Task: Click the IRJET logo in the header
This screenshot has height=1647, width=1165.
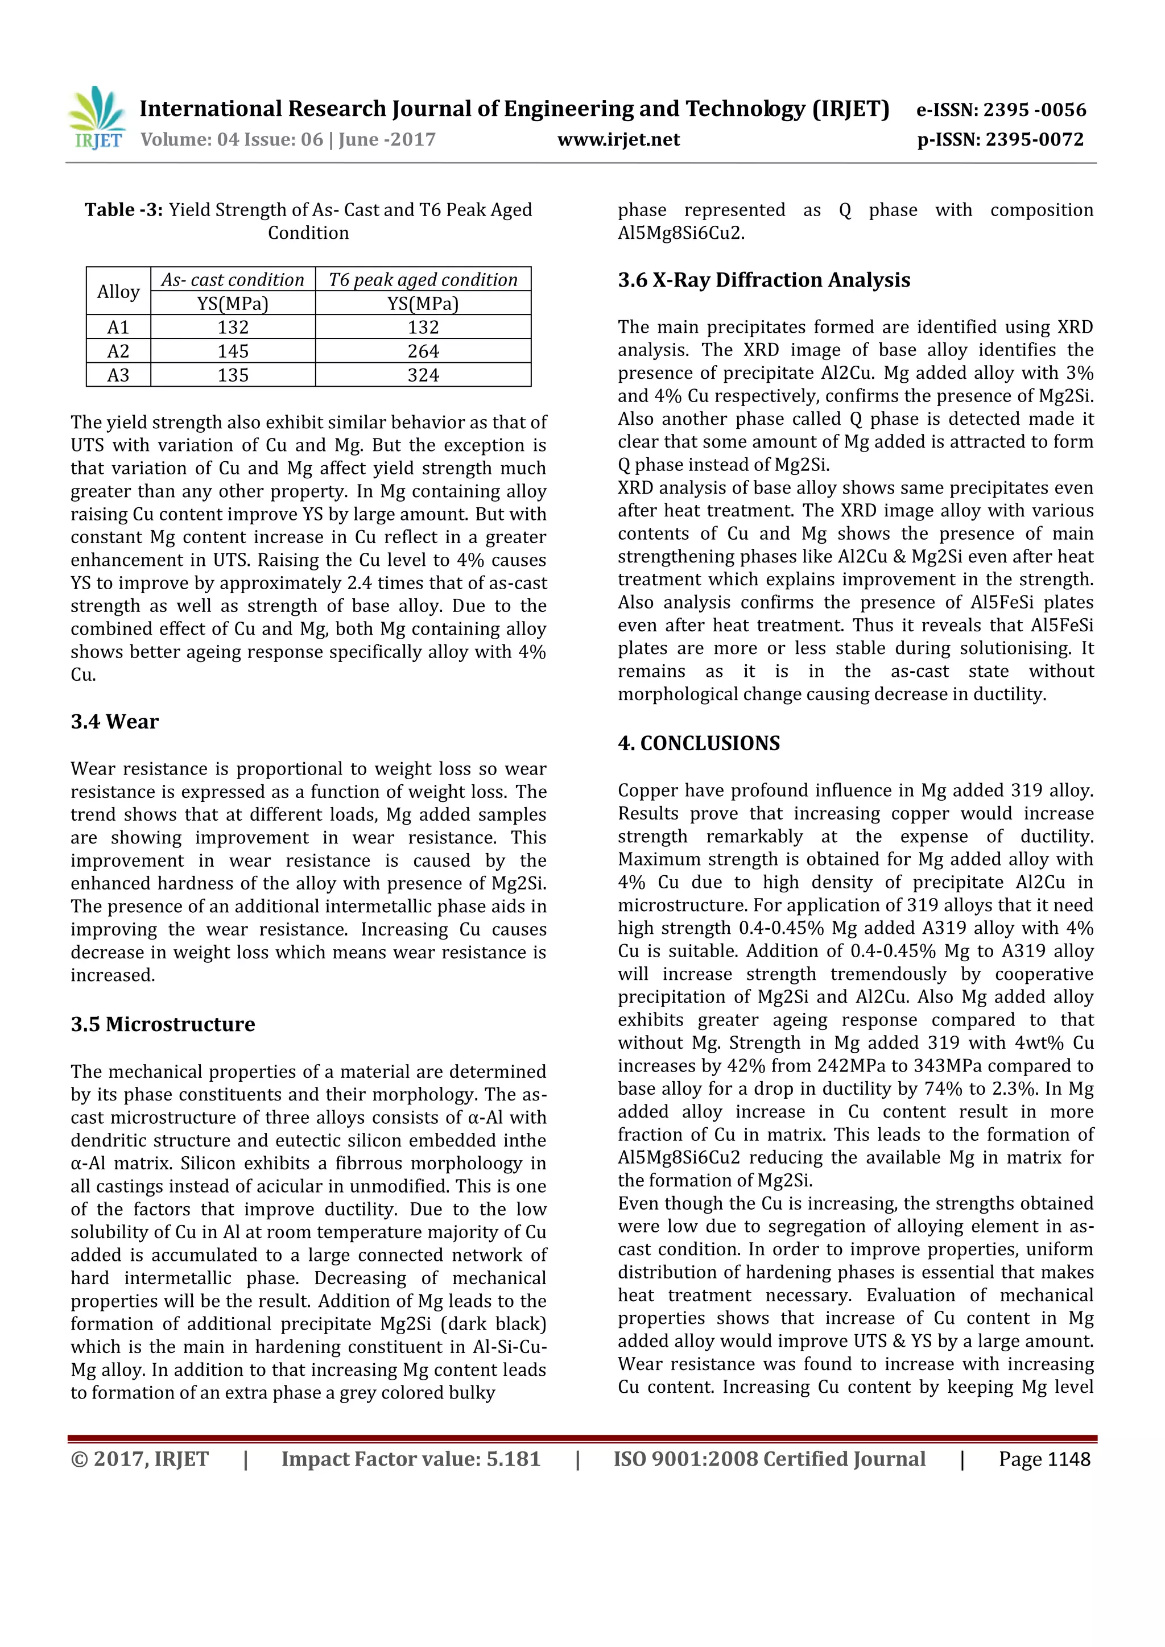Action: click(98, 118)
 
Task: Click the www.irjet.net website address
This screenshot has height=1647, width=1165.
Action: click(618, 139)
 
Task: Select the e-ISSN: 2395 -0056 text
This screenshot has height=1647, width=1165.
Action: click(1001, 110)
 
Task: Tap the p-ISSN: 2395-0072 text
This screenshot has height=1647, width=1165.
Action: click(1001, 139)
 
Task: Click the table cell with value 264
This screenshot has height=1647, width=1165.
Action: click(423, 351)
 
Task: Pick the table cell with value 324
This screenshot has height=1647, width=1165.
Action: click(423, 375)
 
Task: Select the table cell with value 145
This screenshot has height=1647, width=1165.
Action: click(233, 351)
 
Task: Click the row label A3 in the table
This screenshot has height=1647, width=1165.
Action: click(118, 375)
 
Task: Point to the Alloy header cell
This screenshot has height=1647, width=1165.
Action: click(118, 291)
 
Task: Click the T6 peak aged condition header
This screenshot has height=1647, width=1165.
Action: click(423, 280)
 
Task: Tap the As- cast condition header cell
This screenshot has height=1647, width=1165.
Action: click(233, 280)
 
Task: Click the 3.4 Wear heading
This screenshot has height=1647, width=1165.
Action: click(115, 722)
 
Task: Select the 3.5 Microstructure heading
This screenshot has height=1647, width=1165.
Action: click(163, 1024)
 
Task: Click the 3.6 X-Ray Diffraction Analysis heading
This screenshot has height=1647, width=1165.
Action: click(764, 280)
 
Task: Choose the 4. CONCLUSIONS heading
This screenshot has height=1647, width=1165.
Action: click(699, 743)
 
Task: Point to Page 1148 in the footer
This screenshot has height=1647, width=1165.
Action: click(1044, 1459)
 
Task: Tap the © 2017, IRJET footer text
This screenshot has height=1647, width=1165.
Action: click(140, 1459)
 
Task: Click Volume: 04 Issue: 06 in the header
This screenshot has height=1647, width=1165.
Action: click(232, 139)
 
